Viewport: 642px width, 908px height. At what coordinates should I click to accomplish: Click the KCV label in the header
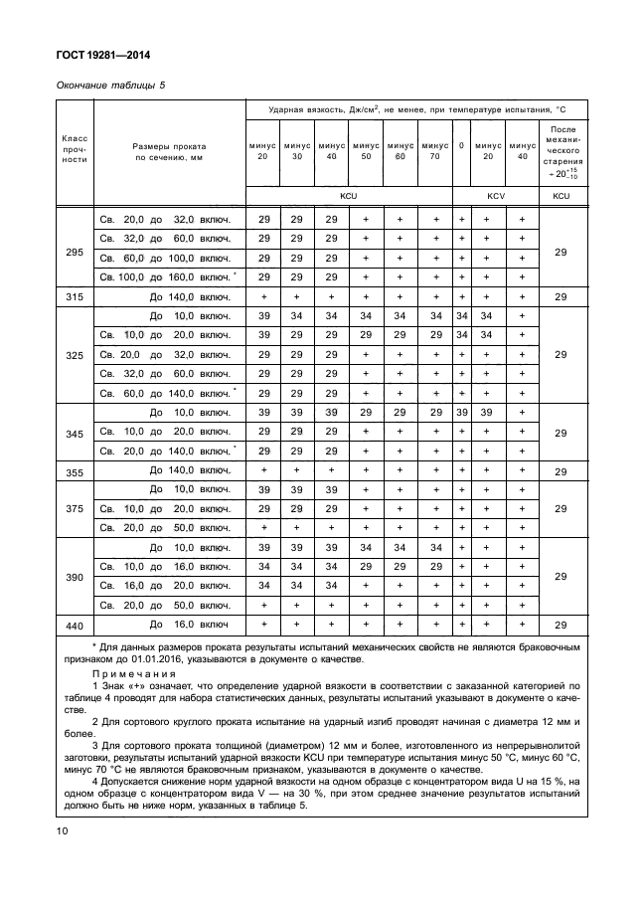click(x=495, y=196)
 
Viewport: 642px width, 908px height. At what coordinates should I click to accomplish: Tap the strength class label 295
click(x=75, y=253)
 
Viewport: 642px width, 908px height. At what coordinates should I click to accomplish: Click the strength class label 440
click(x=75, y=626)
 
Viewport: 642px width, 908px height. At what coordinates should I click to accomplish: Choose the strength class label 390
click(x=75, y=576)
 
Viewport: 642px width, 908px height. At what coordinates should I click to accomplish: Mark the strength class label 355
click(x=75, y=471)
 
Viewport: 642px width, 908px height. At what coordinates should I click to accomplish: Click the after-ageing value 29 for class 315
click(x=561, y=297)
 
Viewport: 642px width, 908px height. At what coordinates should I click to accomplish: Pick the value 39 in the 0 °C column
click(x=461, y=412)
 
